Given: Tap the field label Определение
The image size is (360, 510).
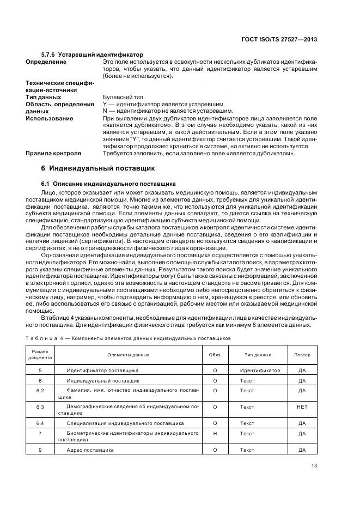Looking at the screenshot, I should [x=46, y=62].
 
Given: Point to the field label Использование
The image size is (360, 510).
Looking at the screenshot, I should [x=50, y=118].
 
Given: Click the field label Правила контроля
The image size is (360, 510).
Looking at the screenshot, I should [x=53, y=153].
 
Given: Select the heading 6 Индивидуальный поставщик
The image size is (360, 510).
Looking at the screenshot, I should [x=98, y=168].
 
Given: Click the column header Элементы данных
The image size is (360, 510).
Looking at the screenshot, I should [x=128, y=355].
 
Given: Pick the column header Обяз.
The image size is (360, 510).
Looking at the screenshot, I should [x=215, y=355].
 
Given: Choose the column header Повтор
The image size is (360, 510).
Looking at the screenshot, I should [x=302, y=355].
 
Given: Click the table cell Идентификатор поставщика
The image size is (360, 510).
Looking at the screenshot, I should [x=102, y=371].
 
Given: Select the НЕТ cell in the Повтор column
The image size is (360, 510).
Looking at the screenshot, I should [x=302, y=407].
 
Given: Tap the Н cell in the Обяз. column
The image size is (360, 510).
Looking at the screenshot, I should [x=215, y=434].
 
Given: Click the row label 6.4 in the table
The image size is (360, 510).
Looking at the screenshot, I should [x=40, y=423].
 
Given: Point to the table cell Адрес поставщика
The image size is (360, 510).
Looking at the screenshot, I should [x=90, y=451].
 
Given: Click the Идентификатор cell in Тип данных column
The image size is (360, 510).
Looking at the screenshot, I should [x=260, y=371].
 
